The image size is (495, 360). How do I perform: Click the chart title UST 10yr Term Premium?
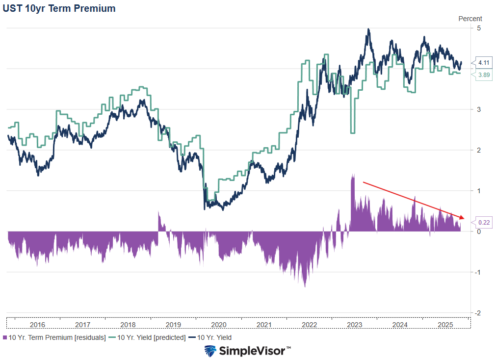pos(59,8)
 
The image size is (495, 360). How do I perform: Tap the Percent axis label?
pos(470,19)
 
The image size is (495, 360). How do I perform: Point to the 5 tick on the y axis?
pos(479,28)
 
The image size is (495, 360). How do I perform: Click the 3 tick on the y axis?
pos(479,109)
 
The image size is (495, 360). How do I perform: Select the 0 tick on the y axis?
pos(479,231)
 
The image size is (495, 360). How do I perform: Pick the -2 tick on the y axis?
pos(478,312)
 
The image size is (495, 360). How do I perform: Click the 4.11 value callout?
pos(483,62)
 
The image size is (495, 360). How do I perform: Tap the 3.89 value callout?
pos(483,75)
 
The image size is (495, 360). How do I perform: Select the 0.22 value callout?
pos(483,223)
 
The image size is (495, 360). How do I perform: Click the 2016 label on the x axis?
pos(37,325)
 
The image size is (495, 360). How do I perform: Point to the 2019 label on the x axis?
pos(173,325)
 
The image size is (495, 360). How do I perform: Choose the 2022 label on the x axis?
pos(309,325)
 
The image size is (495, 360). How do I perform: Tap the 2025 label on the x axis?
pos(445,325)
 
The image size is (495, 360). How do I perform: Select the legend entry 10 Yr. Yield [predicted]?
pos(147,337)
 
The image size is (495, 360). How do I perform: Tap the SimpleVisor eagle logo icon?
pos(210,351)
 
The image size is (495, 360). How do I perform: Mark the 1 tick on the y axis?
pos(479,190)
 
